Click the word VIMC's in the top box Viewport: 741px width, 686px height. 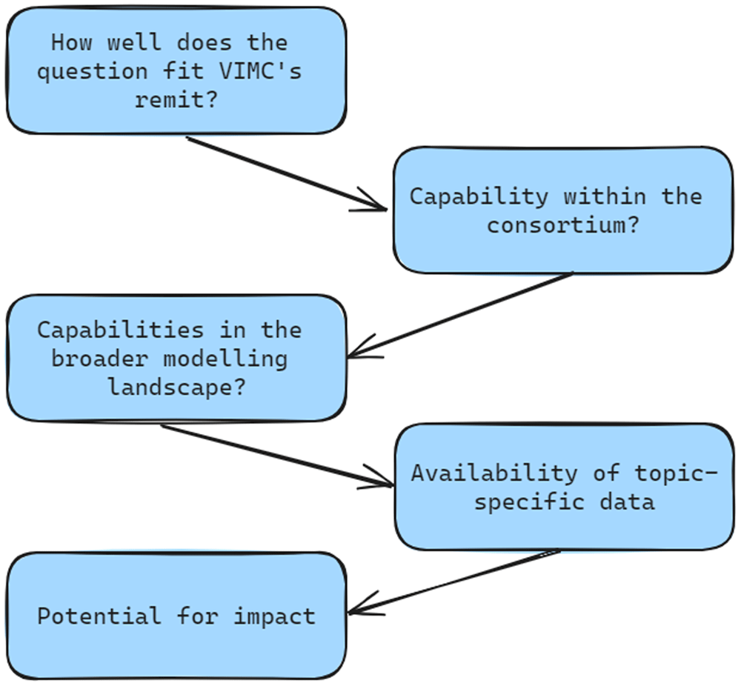[x=260, y=71]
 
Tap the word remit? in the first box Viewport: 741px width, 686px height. [x=176, y=100]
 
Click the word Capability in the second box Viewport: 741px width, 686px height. [x=479, y=197]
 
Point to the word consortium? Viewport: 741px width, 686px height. [x=563, y=225]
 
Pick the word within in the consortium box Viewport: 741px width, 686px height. [x=605, y=196]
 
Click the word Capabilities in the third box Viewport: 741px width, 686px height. [x=121, y=330]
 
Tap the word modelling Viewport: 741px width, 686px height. [x=225, y=359]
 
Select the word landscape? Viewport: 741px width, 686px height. [x=177, y=387]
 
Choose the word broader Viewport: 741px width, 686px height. [x=100, y=359]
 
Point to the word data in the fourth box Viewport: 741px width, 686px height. [x=627, y=502]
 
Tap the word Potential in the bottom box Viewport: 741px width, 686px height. [x=99, y=616]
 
